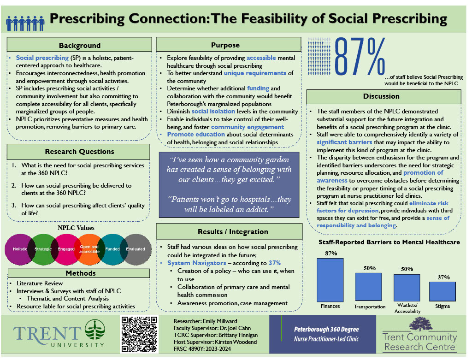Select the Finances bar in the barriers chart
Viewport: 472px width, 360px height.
click(330, 280)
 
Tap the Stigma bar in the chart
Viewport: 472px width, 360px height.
click(442, 291)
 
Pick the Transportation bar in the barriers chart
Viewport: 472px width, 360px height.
click(368, 287)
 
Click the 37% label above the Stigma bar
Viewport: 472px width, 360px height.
click(442, 277)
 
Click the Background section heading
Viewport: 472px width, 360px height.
click(79, 45)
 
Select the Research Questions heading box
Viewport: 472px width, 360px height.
click(78, 152)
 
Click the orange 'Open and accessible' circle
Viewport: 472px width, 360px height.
click(89, 249)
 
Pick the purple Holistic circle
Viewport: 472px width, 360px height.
click(19, 249)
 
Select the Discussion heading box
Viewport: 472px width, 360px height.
click(383, 96)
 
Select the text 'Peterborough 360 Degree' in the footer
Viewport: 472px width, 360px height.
click(326, 330)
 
